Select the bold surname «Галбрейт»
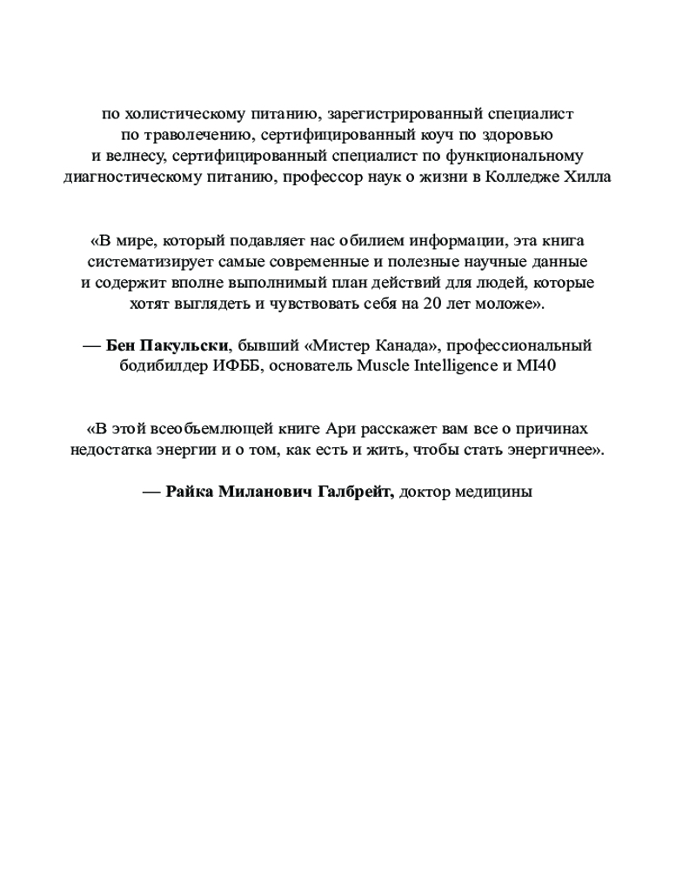click(347, 492)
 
